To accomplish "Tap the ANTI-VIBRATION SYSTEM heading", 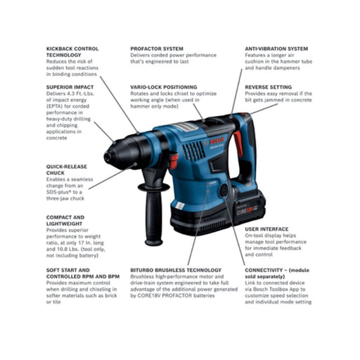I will coord(276,49).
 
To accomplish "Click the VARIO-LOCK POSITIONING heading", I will coord(164,88).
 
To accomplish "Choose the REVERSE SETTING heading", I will coord(270,88).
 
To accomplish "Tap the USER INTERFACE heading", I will coord(266,229).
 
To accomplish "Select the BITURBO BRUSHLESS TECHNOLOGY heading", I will coord(175,269).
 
